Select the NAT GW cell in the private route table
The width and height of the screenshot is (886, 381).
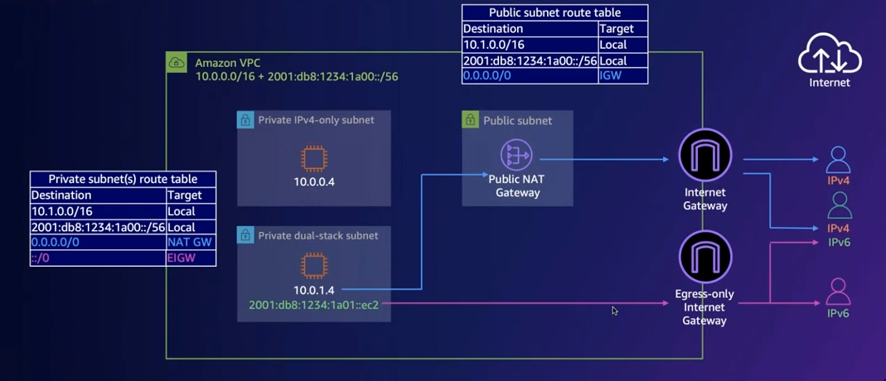click(x=190, y=242)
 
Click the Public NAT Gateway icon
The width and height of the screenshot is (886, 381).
click(x=516, y=155)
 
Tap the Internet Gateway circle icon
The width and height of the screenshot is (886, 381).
click(x=704, y=155)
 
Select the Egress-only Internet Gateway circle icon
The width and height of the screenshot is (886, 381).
click(x=704, y=257)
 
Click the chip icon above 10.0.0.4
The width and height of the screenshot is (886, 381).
click(x=313, y=158)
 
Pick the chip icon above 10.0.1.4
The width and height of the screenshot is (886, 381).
click(x=313, y=266)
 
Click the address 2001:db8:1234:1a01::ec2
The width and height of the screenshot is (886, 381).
click(x=313, y=305)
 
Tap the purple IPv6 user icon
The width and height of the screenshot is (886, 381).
click(x=838, y=292)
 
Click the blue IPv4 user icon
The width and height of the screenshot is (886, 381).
click(x=838, y=159)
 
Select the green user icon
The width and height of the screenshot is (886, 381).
click(x=839, y=205)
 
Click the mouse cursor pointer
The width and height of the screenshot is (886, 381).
click(x=614, y=311)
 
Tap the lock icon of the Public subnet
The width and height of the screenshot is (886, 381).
click(x=470, y=119)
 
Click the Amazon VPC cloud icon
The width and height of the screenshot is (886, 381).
click(x=177, y=62)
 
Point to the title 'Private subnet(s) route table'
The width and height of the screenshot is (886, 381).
click(x=123, y=179)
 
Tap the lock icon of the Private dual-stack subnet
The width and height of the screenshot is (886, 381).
click(x=245, y=235)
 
